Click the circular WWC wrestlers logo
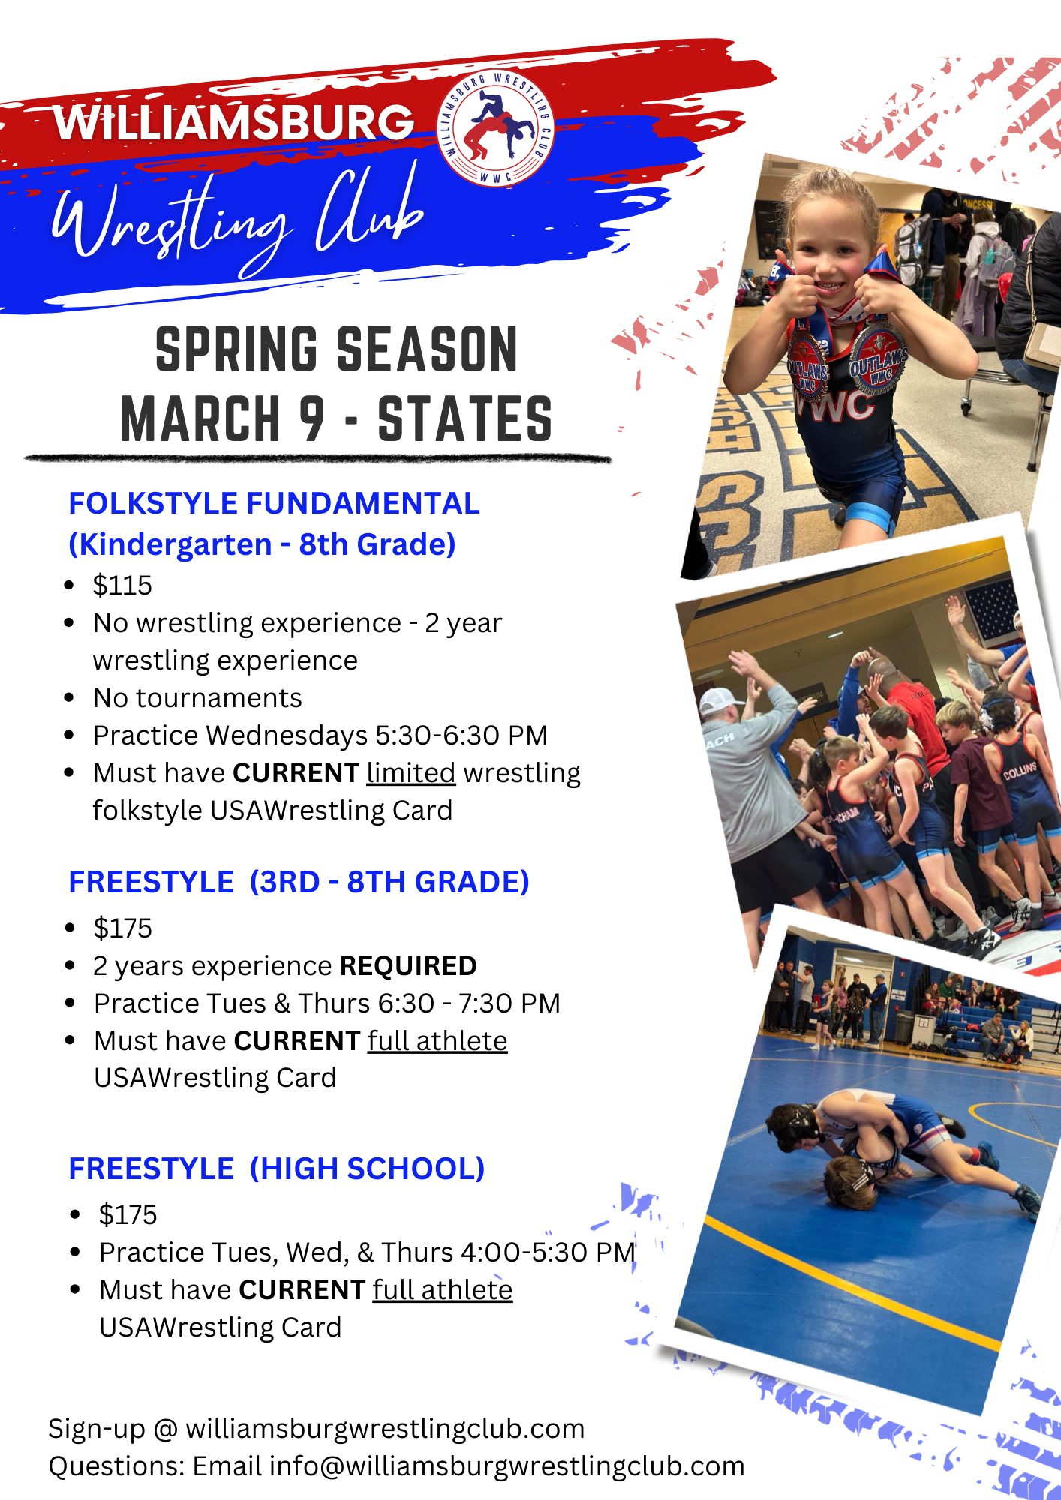click(x=496, y=127)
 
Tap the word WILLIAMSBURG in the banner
click(x=234, y=121)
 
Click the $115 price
click(x=122, y=585)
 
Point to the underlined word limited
click(x=411, y=772)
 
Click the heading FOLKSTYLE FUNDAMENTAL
click(x=274, y=503)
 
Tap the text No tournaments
click(x=197, y=697)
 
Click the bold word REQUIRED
click(x=408, y=965)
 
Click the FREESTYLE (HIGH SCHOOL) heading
click(x=277, y=1168)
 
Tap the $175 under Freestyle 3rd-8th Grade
click(x=122, y=928)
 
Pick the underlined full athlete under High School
click(x=443, y=1290)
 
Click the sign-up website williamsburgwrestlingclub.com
click(x=385, y=1429)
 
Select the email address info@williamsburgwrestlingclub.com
click(x=507, y=1466)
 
